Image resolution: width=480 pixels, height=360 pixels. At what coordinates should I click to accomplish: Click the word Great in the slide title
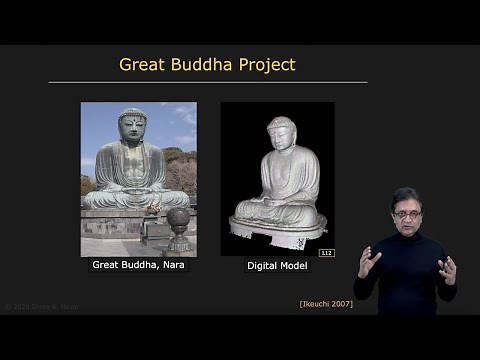tap(141, 65)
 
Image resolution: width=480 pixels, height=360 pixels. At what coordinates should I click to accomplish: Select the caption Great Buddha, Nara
tap(138, 265)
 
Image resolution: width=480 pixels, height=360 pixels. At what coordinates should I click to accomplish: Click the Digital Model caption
tap(277, 265)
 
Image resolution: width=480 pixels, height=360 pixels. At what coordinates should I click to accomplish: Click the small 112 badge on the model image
tap(326, 252)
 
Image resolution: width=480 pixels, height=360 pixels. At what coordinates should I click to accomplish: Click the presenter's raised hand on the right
tap(446, 269)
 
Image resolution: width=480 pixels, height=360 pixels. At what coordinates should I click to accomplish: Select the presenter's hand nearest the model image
tap(369, 263)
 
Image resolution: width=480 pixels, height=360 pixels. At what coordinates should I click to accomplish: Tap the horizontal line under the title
tap(207, 82)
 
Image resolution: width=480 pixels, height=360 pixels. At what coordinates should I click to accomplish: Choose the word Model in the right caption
tap(292, 265)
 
